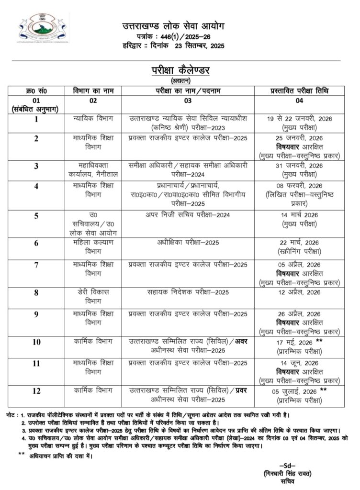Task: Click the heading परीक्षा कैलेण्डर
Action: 180,70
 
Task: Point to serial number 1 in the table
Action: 36,119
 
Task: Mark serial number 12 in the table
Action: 36,391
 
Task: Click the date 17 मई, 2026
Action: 295,342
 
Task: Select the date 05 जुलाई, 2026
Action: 295,390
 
